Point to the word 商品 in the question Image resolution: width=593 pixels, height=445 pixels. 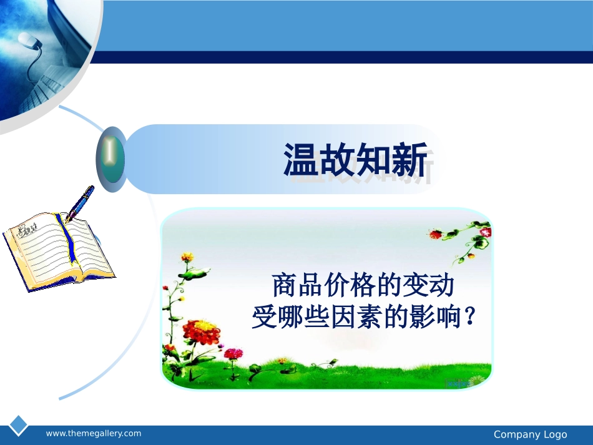tap(298, 286)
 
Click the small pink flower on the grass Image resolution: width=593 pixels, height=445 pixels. tap(233, 354)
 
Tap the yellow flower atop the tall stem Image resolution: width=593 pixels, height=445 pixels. tap(187, 257)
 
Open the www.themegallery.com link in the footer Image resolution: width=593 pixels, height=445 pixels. tap(94, 434)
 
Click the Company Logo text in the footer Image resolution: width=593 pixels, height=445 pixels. tap(530, 434)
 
